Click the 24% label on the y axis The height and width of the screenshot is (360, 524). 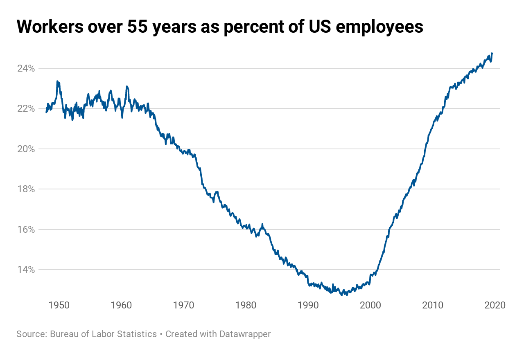(26, 68)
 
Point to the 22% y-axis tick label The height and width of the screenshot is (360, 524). (26, 108)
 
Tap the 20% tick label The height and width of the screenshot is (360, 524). (26, 149)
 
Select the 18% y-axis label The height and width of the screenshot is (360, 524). (26, 189)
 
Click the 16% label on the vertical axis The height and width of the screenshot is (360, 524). (26, 229)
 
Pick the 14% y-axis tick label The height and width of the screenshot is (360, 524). (26, 270)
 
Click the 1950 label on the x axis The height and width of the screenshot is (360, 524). (59, 305)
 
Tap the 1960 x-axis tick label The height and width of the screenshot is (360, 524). (121, 305)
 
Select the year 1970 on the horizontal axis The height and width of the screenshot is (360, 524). (183, 305)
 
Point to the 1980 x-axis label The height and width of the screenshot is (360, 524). (246, 305)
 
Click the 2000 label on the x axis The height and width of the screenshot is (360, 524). (371, 305)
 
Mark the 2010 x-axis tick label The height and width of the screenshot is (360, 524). (433, 305)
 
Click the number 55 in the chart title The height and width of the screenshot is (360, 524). (138, 27)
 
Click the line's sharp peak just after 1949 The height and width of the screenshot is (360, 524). (57, 81)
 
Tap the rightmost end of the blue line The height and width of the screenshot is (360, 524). (492, 53)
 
